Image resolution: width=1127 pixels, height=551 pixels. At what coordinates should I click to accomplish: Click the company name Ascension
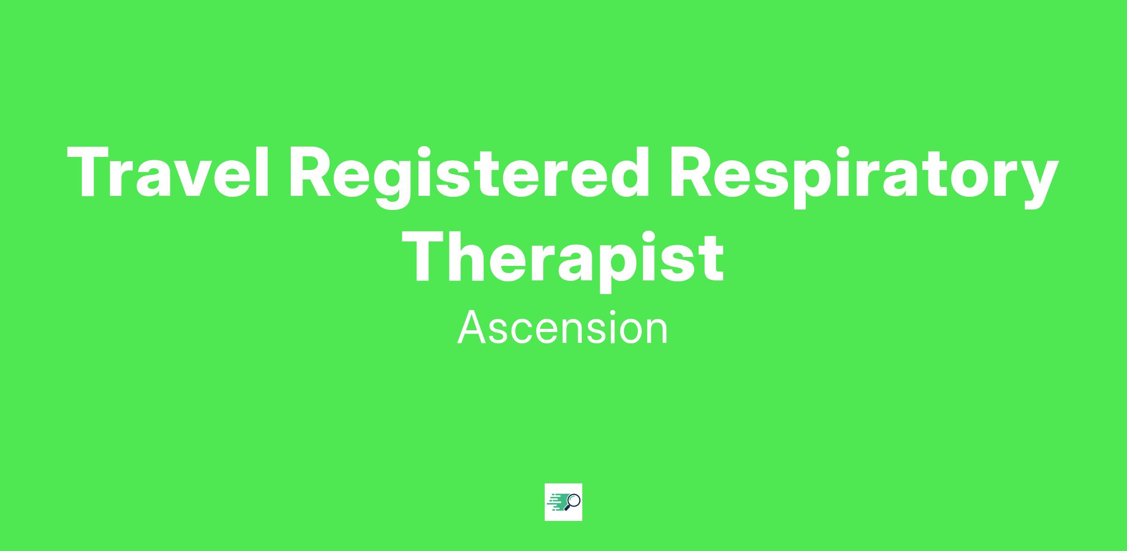563,328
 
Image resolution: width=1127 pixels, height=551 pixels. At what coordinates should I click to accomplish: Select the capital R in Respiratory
692,171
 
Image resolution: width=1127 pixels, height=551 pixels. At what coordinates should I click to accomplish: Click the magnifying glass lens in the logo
573,500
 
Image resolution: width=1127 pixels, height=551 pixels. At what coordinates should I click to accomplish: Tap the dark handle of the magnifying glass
567,507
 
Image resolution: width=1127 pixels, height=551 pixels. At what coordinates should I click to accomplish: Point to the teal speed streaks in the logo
556,502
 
